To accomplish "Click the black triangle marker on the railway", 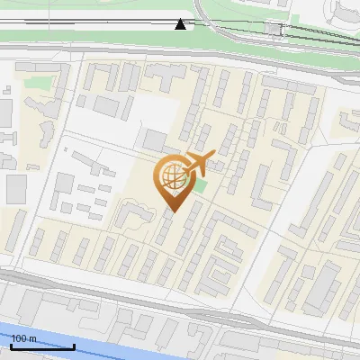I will pos(181,23).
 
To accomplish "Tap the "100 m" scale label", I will pos(23,338).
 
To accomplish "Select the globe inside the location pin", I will pos(172,177).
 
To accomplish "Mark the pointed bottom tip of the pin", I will pos(172,211).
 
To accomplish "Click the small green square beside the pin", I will pos(199,185).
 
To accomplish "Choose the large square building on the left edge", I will pos(16,189).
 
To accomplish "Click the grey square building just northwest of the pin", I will pos(155,140).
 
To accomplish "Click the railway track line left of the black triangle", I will pos(90,23).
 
